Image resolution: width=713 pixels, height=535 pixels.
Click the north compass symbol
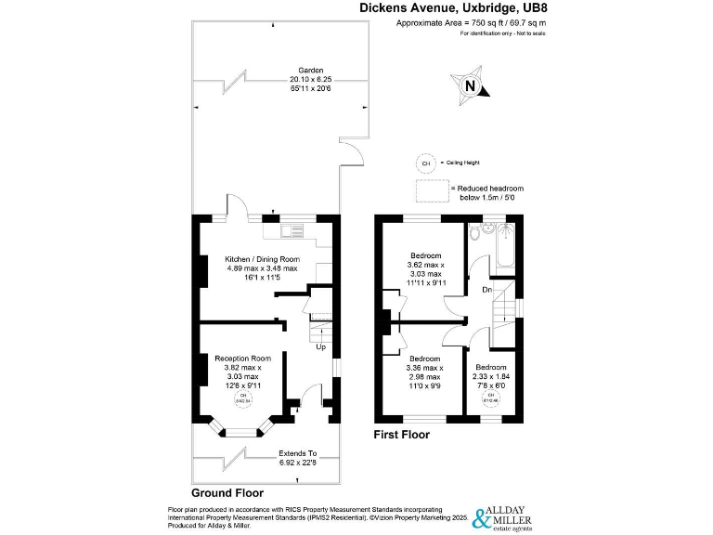tap(470, 87)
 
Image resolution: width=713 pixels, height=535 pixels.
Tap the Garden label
tap(310, 71)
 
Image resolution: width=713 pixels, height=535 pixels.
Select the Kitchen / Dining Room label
tap(263, 259)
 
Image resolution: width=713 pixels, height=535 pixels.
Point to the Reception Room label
tap(242, 358)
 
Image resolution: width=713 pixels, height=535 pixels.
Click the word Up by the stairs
tap(320, 347)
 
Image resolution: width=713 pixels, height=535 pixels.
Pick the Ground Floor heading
tap(227, 493)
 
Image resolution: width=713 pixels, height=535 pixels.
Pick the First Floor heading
tap(401, 434)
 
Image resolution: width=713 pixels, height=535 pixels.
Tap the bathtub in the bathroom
tap(498, 245)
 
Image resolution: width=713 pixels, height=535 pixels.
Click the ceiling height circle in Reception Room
tap(243, 399)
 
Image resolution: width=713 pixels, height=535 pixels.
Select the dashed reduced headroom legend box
tap(431, 190)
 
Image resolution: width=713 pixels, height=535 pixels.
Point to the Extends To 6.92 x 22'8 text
tap(299, 457)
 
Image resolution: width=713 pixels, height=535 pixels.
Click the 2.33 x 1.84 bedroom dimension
tap(491, 376)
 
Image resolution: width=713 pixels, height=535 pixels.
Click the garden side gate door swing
tap(350, 153)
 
